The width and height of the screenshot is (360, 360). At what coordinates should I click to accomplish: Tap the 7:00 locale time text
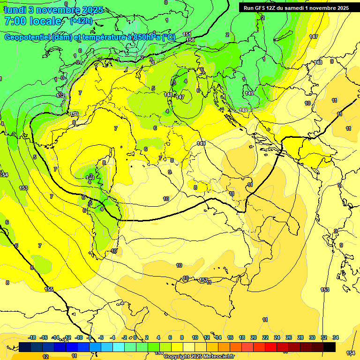click(x=33, y=21)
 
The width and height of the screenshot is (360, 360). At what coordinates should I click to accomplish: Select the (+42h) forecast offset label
click(x=81, y=21)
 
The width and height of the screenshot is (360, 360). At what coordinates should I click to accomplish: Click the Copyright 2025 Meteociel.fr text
click(x=199, y=357)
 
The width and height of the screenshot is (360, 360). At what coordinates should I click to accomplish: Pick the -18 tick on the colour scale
click(x=32, y=337)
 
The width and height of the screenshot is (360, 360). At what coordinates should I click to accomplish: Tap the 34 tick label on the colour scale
click(x=336, y=337)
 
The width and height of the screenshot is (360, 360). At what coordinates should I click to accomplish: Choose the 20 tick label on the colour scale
click(x=254, y=337)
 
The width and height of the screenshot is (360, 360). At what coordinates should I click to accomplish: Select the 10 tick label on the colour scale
click(x=195, y=337)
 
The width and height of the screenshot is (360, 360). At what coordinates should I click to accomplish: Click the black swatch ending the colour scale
click(x=330, y=347)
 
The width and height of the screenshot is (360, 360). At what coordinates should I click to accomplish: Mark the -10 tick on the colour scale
click(x=79, y=337)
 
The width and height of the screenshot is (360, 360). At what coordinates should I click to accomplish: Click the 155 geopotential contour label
click(x=49, y=289)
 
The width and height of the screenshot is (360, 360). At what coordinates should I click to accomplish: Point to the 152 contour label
click(x=204, y=280)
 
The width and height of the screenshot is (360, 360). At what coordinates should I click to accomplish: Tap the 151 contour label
click(x=187, y=34)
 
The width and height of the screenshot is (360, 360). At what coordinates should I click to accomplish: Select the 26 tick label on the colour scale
click(x=289, y=337)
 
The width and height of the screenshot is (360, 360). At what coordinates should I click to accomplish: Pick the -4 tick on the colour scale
click(x=113, y=337)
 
